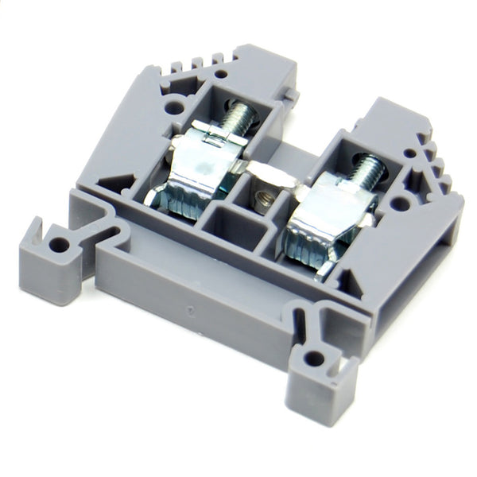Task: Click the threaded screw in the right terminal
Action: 366,171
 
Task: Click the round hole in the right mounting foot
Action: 314,358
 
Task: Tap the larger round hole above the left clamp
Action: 173,103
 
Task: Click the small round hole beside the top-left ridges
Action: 219,74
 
